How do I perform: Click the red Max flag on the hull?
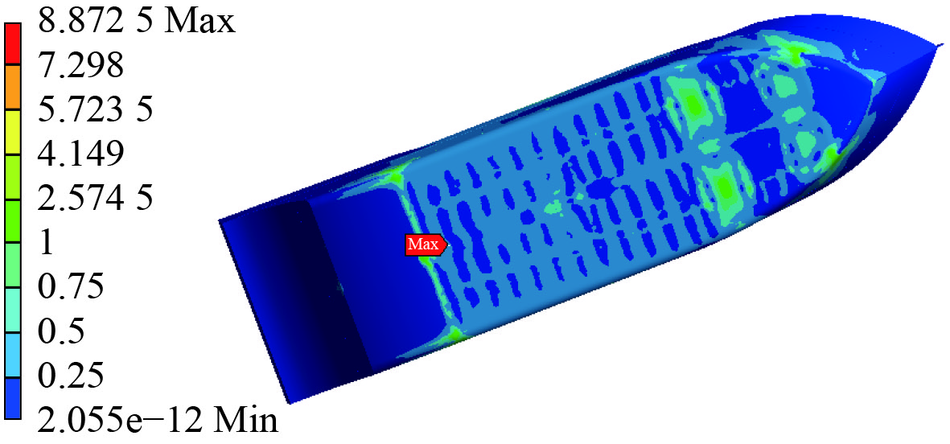click(x=426, y=245)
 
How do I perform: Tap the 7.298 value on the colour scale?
click(x=80, y=65)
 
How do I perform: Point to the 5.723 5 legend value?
click(x=94, y=109)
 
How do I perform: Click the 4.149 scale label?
click(x=80, y=154)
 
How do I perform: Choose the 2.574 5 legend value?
click(x=94, y=198)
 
